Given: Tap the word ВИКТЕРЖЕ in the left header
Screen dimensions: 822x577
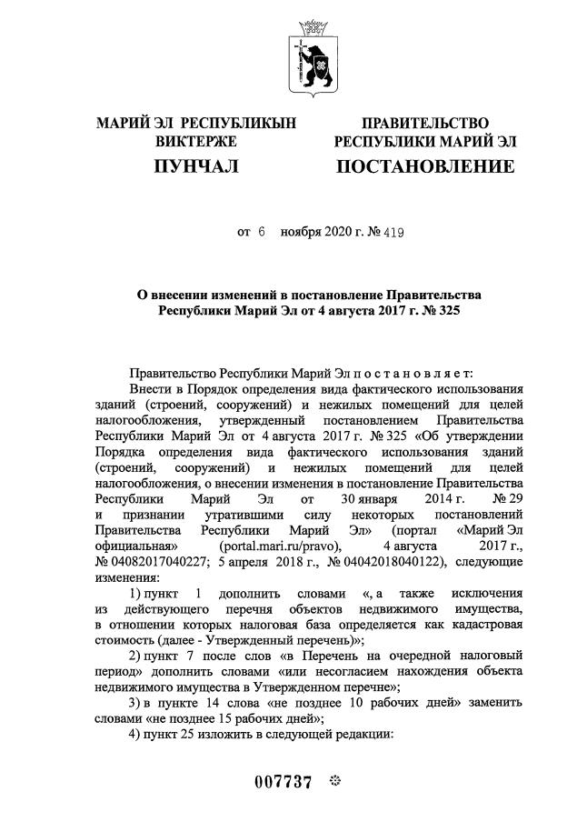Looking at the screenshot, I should click(x=196, y=142).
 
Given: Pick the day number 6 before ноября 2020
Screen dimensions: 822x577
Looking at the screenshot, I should click(x=261, y=233).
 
